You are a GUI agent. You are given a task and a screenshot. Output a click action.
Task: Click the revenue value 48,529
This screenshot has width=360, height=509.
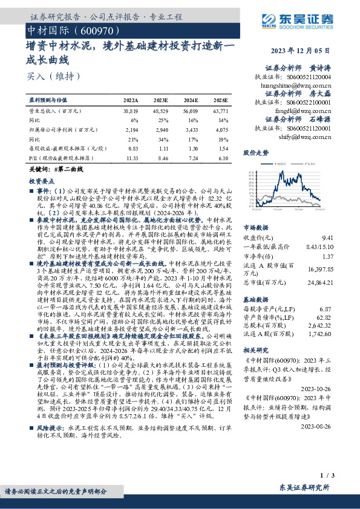(x=161, y=112)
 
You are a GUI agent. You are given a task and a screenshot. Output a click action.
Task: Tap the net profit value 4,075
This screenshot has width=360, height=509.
(x=223, y=130)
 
